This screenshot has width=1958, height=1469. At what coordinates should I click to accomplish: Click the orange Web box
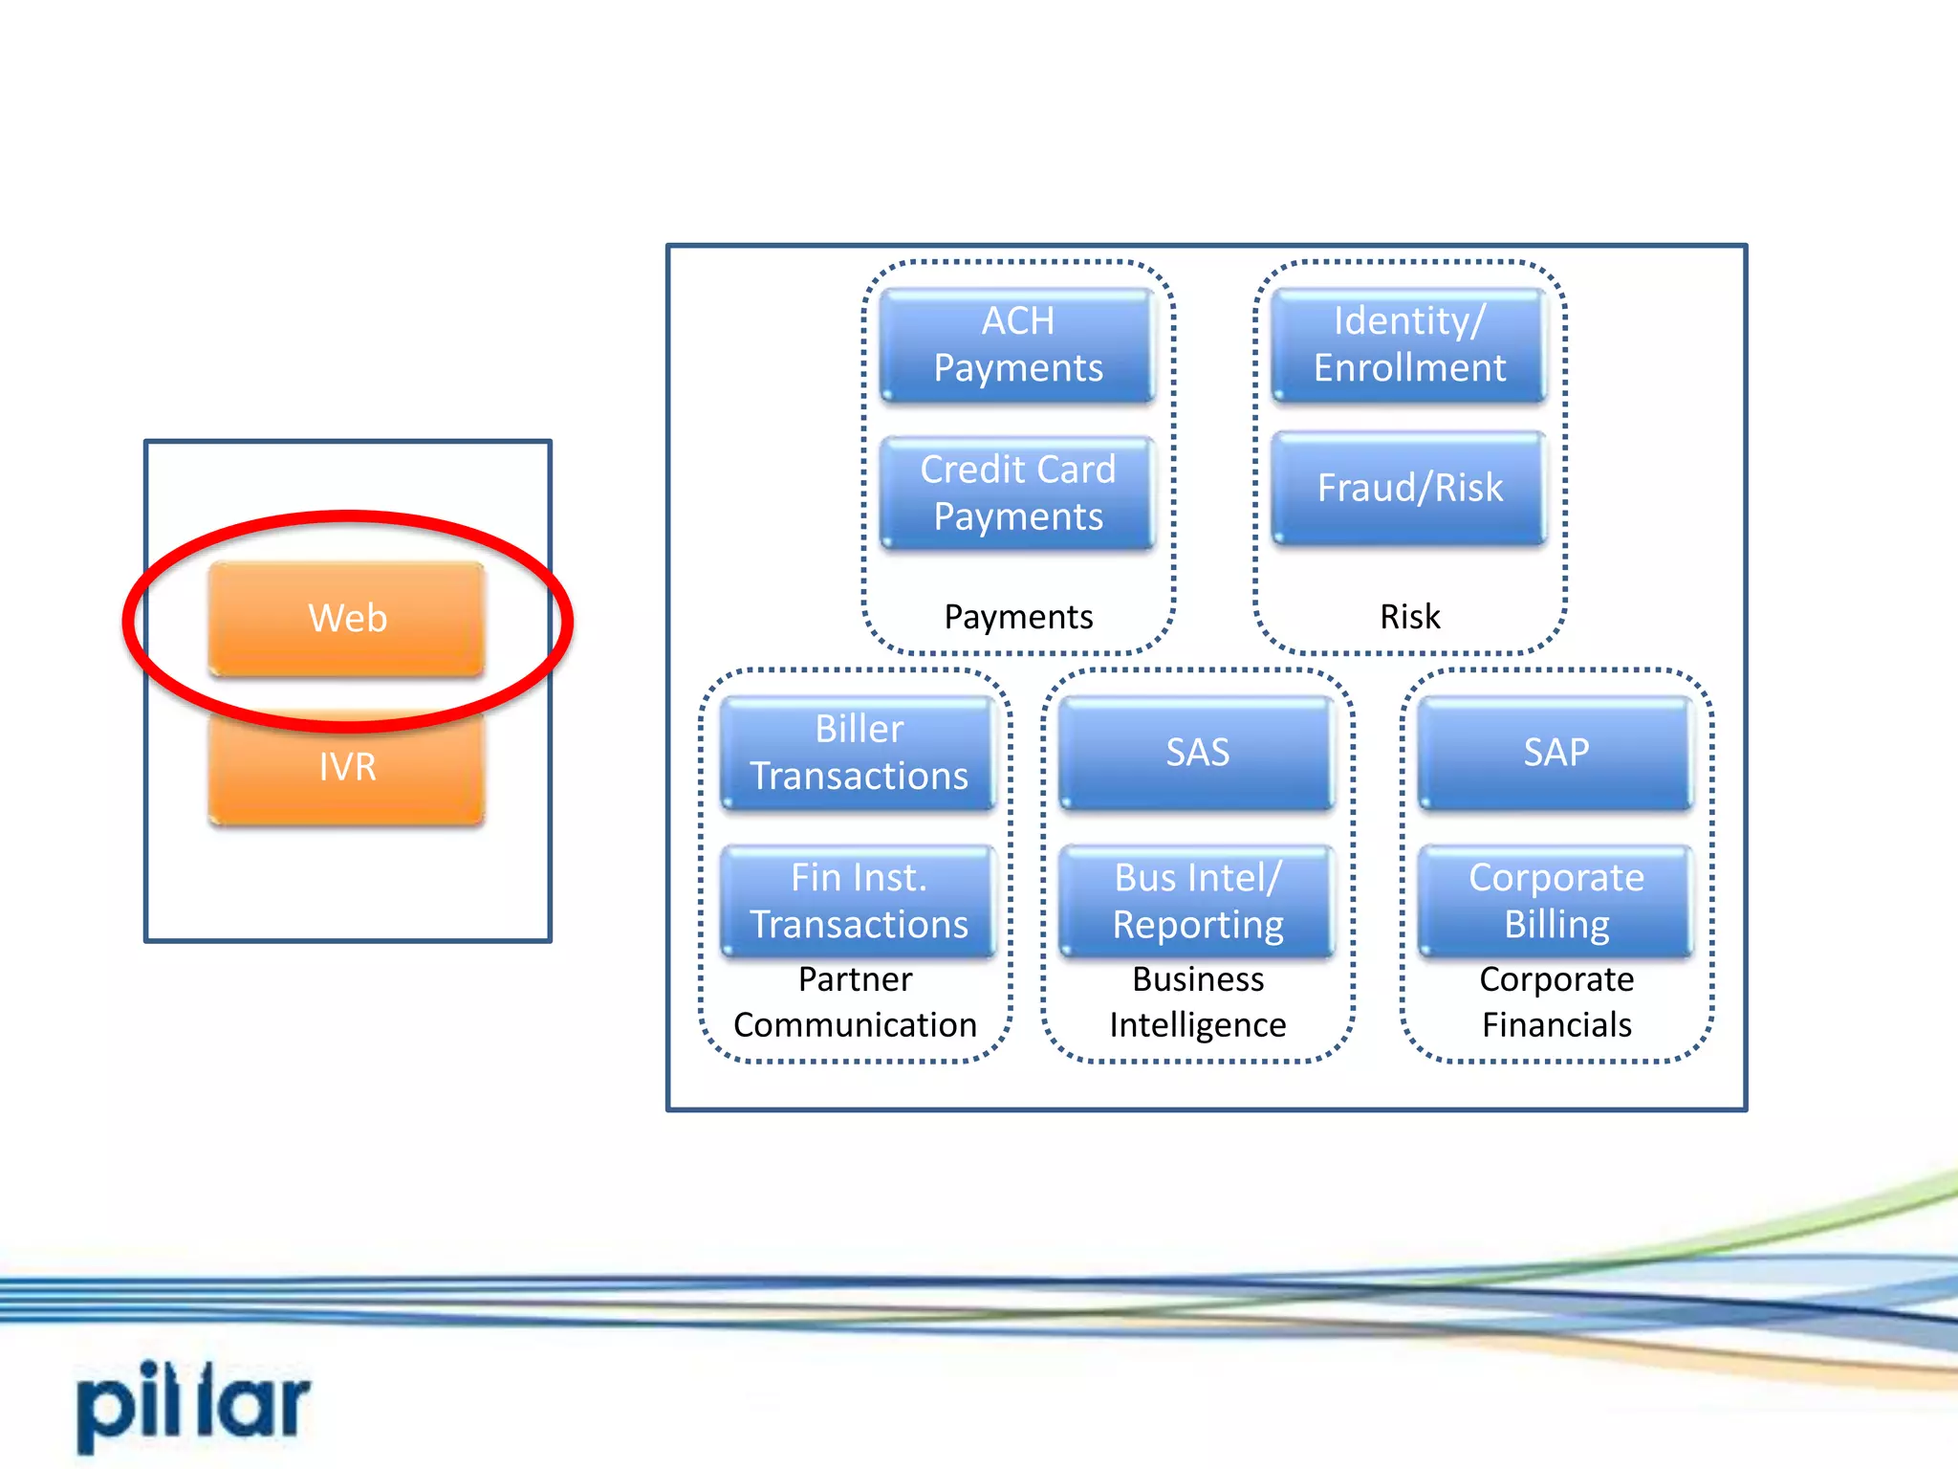347,618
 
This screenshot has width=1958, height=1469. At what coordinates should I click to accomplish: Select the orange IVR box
347,767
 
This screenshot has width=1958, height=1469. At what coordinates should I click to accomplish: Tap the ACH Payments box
1018,344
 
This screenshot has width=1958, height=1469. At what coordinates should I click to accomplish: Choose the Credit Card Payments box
1018,493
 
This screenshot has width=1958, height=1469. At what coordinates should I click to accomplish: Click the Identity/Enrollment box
1409,344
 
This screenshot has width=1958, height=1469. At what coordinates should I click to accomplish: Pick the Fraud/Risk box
1409,488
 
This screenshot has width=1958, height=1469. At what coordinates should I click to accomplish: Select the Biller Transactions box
859,753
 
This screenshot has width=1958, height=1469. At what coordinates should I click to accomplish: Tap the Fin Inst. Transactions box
859,901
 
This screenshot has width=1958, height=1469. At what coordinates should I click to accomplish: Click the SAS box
1197,753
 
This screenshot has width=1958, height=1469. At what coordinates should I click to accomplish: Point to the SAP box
1556,753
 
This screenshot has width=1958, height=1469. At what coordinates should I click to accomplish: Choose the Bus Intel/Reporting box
1197,901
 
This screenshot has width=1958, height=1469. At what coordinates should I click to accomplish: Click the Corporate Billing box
1556,901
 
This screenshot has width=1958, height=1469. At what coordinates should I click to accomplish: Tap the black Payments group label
1018,617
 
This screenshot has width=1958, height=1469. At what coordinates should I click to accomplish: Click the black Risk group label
1409,617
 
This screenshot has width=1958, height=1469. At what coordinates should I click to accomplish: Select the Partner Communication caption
856,1002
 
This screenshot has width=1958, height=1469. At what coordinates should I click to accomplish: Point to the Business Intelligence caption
1197,1002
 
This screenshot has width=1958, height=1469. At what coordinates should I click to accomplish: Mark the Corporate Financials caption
1556,1002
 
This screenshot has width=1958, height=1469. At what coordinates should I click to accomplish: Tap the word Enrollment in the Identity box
1409,368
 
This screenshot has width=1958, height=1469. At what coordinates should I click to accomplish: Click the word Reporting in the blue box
1197,926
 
